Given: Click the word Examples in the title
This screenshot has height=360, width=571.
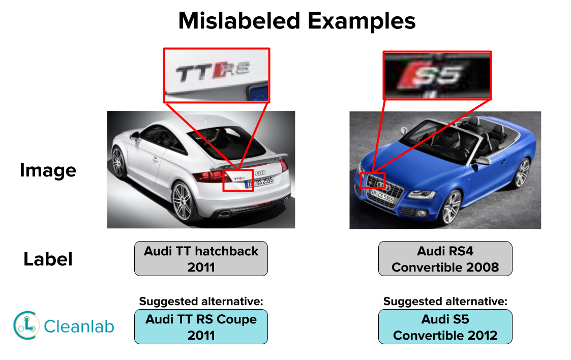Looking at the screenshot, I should pos(357,21).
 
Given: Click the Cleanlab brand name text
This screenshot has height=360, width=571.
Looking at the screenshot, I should pos(79,326).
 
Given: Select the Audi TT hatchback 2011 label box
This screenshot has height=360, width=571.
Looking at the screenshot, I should pos(201,259).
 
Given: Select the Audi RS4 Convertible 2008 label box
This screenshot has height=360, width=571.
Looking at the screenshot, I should pos(445,259).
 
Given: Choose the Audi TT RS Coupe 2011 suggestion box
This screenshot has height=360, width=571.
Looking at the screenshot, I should pos(201,327).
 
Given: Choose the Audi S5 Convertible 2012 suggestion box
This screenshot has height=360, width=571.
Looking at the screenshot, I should pos(445,327).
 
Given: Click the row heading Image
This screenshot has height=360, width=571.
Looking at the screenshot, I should pos(48,170).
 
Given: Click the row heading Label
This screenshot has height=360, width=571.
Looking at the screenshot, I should pos(48,259).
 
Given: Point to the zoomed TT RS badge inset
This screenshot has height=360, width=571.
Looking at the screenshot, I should pos(216,75).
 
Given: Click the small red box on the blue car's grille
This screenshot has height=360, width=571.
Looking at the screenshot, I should pos(373,180).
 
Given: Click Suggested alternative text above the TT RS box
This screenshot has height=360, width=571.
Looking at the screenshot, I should pos(201,301).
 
